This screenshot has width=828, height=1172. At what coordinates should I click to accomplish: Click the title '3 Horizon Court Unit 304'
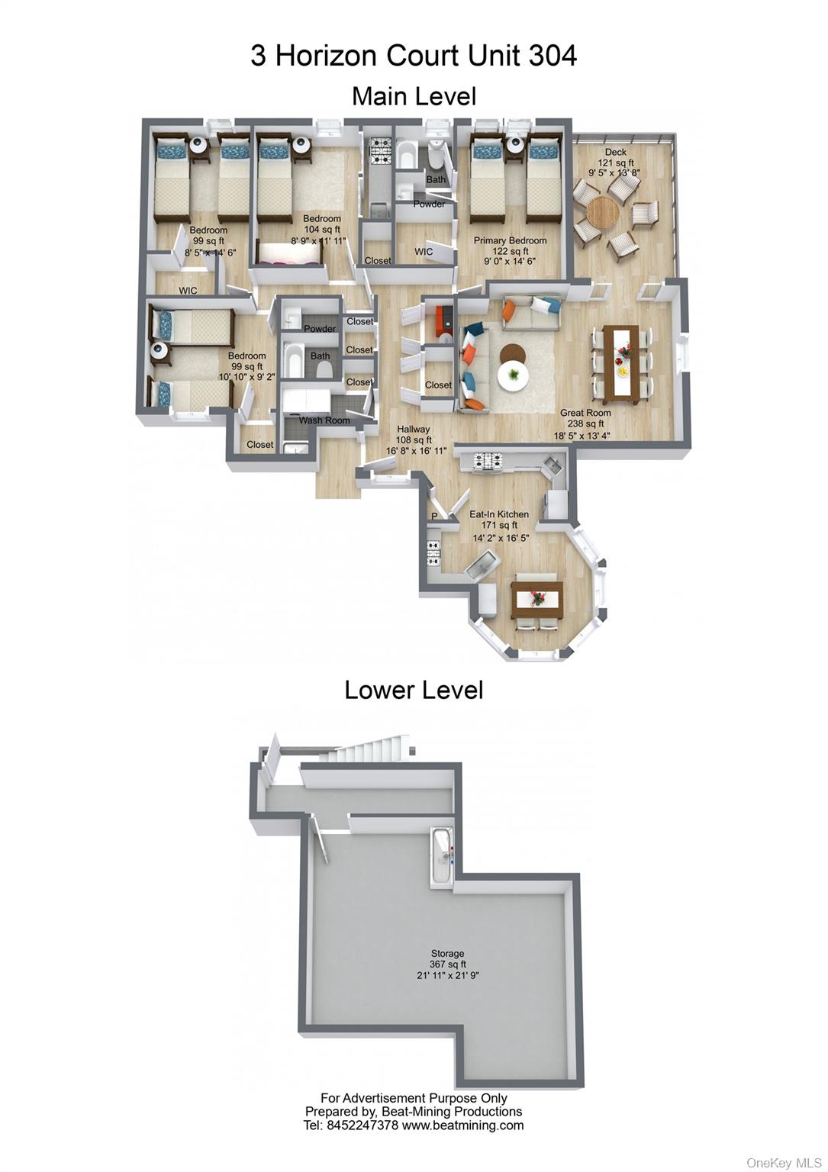click(x=414, y=56)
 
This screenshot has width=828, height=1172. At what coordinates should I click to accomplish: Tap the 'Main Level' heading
click(x=414, y=96)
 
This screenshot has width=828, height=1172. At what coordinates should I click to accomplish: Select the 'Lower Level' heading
click(x=414, y=690)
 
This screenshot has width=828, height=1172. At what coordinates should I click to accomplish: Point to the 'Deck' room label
click(x=615, y=153)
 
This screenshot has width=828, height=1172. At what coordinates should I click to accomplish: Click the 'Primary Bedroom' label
click(x=510, y=240)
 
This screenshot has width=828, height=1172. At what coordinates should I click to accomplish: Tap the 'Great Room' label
click(x=585, y=413)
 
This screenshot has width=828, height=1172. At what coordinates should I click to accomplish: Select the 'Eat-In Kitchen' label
click(x=499, y=514)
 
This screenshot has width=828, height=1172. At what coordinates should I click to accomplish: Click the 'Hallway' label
click(x=414, y=430)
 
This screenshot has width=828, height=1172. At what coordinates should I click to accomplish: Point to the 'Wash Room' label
click(x=324, y=420)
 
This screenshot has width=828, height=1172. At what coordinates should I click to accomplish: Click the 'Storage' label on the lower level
click(x=447, y=954)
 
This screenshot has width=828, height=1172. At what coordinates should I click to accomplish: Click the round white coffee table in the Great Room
click(x=514, y=375)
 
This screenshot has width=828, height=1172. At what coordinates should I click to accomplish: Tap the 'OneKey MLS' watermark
click(x=784, y=1163)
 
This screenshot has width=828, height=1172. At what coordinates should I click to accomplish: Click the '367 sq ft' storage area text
click(x=447, y=964)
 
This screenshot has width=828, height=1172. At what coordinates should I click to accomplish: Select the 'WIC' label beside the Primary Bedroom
click(x=424, y=252)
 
